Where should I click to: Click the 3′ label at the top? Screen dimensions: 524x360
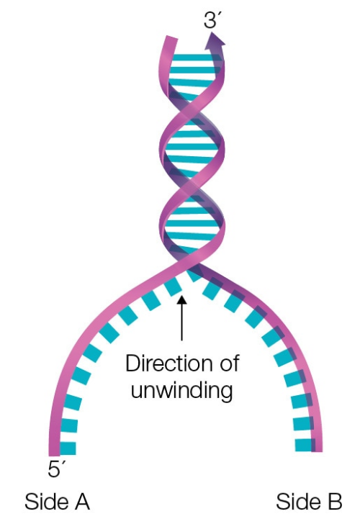point(212,19)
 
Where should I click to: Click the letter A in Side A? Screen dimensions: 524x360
point(81,501)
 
